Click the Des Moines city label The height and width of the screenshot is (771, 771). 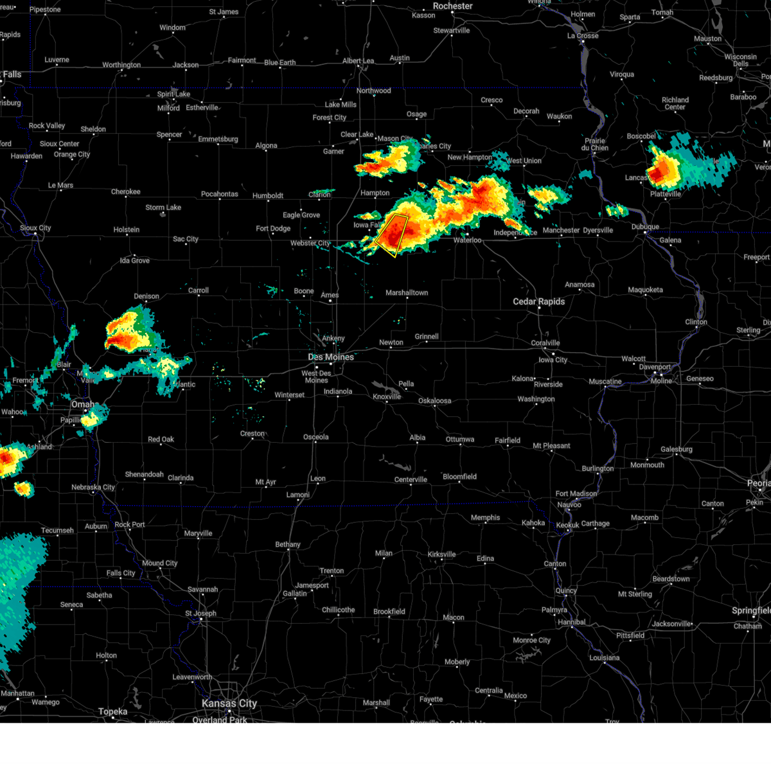pos(331,357)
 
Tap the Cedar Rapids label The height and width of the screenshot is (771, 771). pos(538,301)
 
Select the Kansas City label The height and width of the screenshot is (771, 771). pos(229,704)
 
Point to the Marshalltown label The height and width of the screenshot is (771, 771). pos(407,292)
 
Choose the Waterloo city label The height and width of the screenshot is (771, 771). pos(467,240)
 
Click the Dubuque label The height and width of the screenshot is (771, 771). pos(645,227)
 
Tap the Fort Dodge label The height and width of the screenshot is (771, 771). pos(273,228)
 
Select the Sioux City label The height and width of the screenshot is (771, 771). pos(35,228)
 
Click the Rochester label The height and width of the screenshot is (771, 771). pos(452,6)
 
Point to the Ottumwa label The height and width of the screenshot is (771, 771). pos(460,439)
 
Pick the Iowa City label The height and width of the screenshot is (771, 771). pos(553,360)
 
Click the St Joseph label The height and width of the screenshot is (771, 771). pos(200,613)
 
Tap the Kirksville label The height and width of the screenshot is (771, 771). pos(441,554)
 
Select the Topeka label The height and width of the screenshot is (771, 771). pos(113,711)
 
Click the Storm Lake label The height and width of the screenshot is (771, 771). pos(163,208)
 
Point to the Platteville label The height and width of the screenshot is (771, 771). pos(665,194)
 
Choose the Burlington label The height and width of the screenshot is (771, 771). pos(598,468)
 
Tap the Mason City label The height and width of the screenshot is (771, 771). pos(395,138)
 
